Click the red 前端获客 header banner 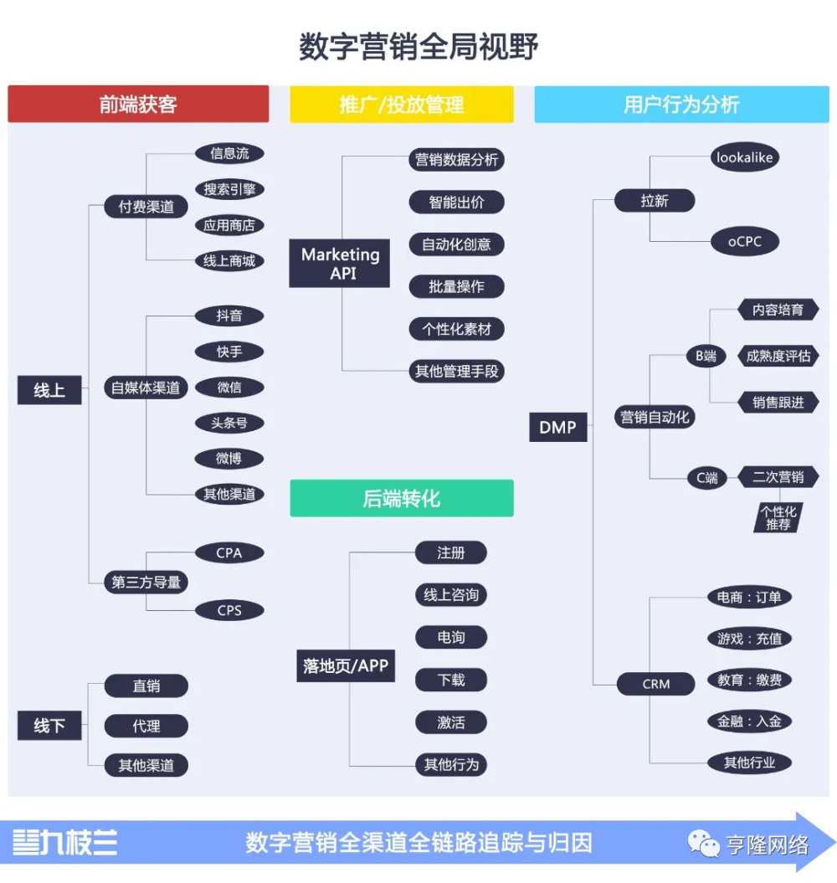138,104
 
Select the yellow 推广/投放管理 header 402,104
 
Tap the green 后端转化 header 402,498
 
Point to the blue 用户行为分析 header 681,104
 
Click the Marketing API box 340,264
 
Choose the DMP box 558,427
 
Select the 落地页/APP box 346,666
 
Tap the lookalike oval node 745,157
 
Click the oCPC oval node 745,242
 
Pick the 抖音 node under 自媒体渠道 229,316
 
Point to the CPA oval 229,553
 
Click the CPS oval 229,610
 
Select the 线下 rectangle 49,726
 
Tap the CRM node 655,684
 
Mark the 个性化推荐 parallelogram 778,517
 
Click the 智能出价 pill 456,203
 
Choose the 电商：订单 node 749,597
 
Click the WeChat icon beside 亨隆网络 704,844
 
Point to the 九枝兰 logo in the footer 65,843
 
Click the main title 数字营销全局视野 418,46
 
